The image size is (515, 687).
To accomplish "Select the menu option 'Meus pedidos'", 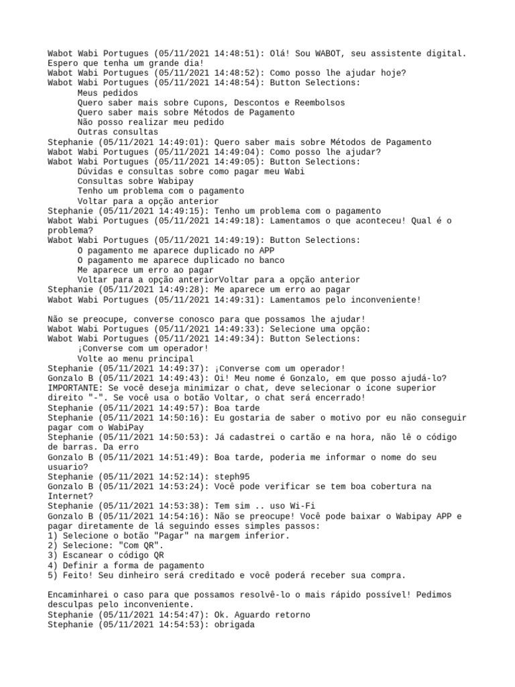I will click(x=107, y=93).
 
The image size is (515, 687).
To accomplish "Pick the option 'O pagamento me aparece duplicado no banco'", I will click(x=180, y=260).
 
